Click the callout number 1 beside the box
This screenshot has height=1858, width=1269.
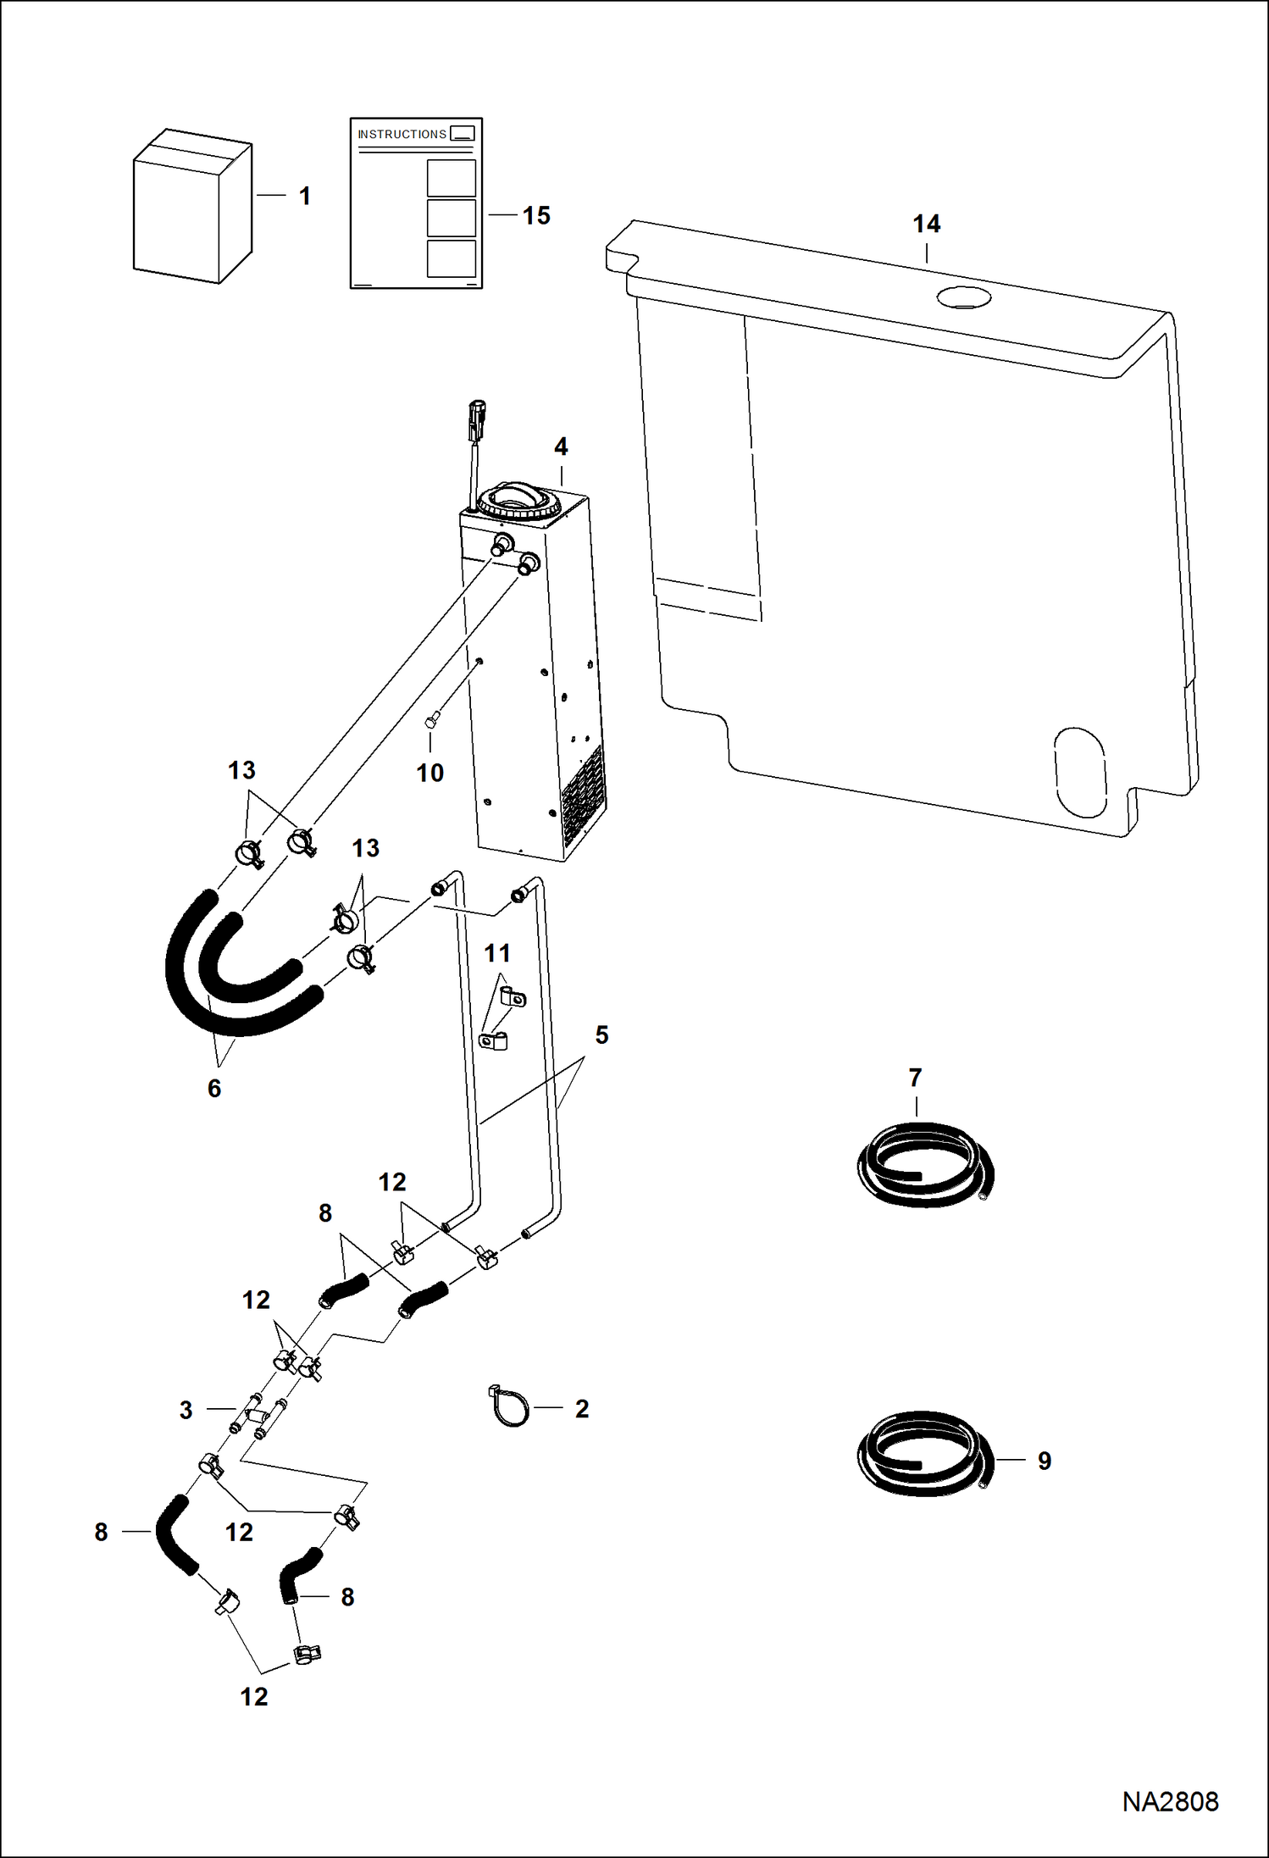pos(304,197)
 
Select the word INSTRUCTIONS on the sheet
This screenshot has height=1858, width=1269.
pos(402,135)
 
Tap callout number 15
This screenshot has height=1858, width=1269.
pos(536,216)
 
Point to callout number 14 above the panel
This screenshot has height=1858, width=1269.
pos(926,225)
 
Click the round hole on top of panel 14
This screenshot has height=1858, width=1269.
pos(963,297)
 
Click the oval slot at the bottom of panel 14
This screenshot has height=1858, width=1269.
pos(1080,772)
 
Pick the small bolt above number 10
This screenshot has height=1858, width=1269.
pos(430,722)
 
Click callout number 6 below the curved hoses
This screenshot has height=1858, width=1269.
pos(214,1089)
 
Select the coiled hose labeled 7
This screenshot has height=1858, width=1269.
pos(924,1165)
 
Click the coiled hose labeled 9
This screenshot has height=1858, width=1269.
pos(923,1454)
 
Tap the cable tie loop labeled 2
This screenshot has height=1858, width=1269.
pos(510,1407)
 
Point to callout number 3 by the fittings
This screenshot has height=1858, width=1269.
pos(186,1410)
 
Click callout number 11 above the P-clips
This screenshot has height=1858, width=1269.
pos(497,954)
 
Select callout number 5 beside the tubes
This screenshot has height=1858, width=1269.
pos(601,1035)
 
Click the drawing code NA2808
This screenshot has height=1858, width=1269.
pos(1170,1802)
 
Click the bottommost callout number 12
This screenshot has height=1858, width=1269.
pos(254,1697)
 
